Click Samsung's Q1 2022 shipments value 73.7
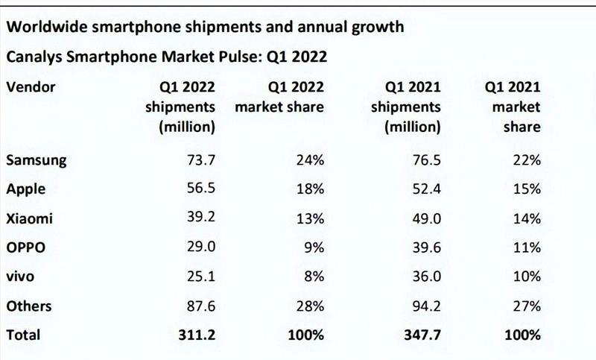point(201,160)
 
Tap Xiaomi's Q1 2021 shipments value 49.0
point(426,218)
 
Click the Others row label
point(29,306)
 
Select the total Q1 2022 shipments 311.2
point(197,335)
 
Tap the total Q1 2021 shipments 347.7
point(422,335)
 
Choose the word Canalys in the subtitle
point(36,57)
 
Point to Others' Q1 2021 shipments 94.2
point(426,306)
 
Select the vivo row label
point(22,277)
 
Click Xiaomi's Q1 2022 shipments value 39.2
point(201,218)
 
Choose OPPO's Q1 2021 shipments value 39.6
point(426,247)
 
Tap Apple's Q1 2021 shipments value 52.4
point(426,189)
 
